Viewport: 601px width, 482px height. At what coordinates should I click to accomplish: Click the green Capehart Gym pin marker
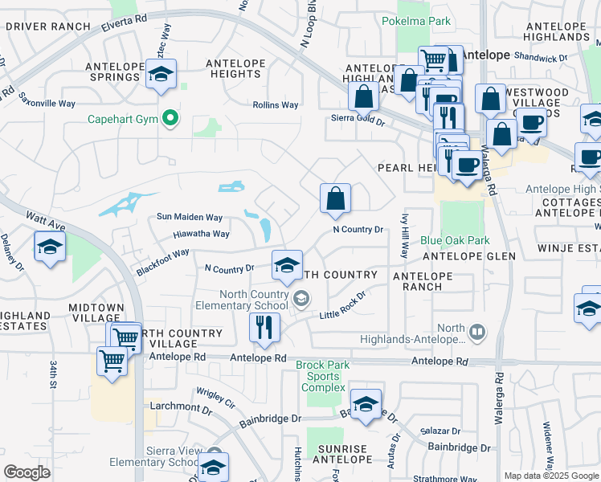click(170, 120)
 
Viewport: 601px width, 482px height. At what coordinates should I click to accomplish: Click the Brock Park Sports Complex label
click(322, 376)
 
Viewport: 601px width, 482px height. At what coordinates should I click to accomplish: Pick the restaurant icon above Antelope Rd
click(264, 326)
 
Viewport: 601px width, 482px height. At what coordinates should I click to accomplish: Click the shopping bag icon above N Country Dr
click(335, 198)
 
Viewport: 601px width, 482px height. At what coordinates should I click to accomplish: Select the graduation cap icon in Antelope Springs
click(161, 75)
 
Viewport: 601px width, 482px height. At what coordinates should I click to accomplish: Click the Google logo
click(27, 472)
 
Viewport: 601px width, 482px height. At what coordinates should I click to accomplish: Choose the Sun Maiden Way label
click(189, 217)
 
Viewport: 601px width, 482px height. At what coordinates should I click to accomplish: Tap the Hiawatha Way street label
click(201, 235)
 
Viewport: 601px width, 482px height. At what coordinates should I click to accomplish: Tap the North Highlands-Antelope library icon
click(477, 331)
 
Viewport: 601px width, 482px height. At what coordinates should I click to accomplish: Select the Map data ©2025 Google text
click(551, 476)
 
